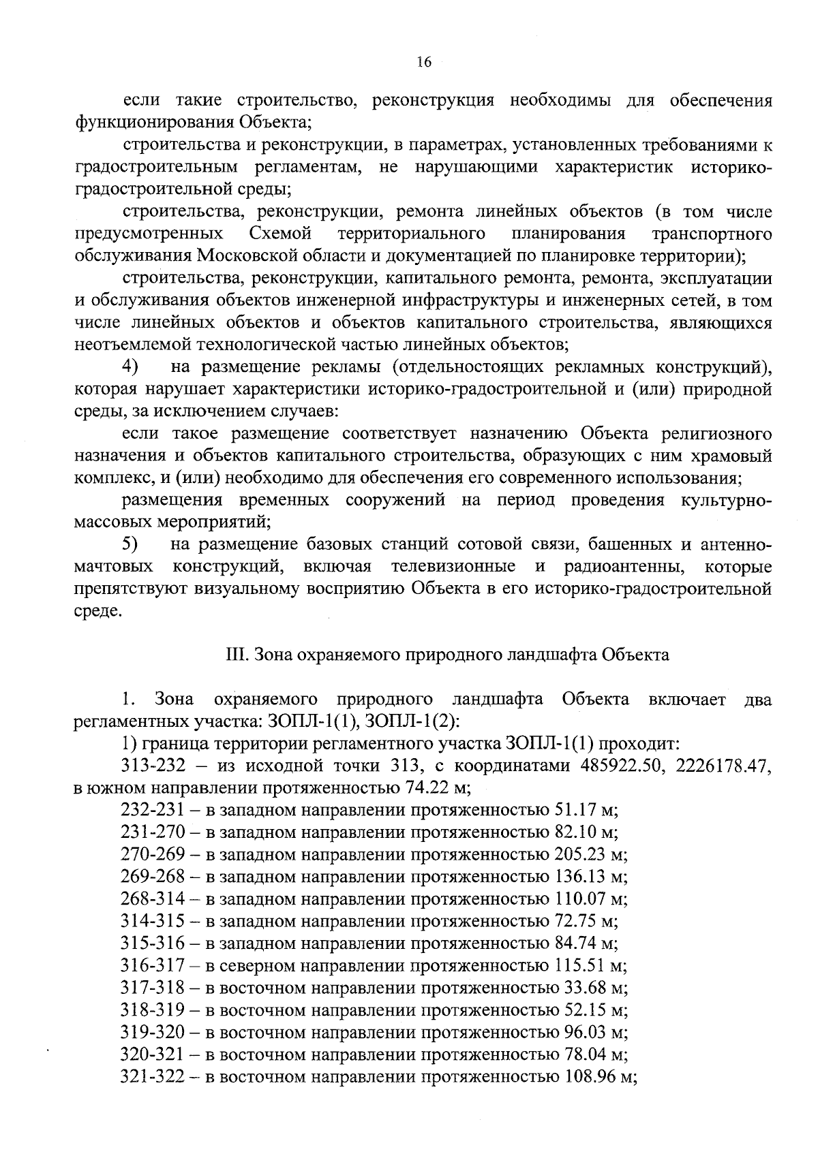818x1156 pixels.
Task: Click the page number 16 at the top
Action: pyautogui.click(x=423, y=62)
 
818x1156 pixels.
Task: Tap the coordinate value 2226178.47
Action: pyautogui.click(x=723, y=766)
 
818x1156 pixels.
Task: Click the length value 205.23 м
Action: pyautogui.click(x=589, y=855)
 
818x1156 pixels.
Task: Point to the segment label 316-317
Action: pyautogui.click(x=153, y=967)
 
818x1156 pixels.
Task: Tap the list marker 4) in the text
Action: pyautogui.click(x=130, y=367)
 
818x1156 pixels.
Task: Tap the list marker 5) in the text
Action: pyautogui.click(x=130, y=545)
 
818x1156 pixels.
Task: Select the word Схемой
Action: pyautogui.click(x=280, y=234)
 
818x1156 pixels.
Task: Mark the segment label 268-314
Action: pyautogui.click(x=153, y=900)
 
